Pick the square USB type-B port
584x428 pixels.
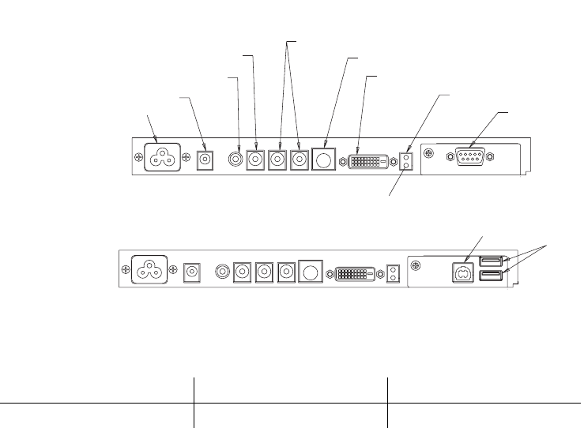(462, 272)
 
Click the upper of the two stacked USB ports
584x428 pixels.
(491, 261)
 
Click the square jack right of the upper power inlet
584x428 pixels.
(205, 160)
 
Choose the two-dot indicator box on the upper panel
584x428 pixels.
(407, 161)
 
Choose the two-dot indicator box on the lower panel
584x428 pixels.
(393, 274)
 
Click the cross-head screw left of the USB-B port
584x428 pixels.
(417, 266)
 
